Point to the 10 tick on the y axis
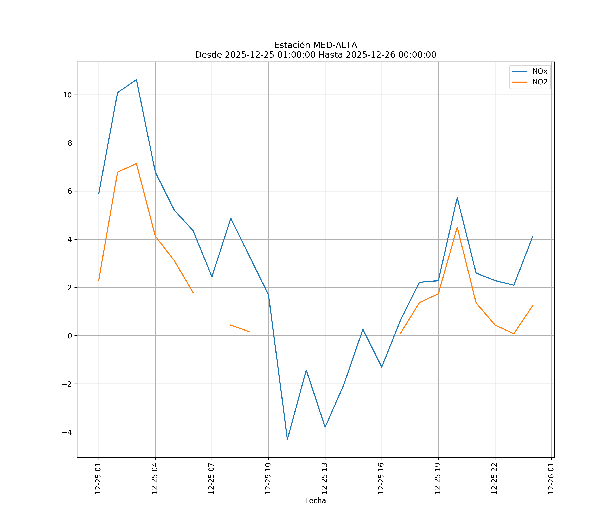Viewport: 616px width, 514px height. point(67,95)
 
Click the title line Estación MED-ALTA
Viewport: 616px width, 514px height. point(315,45)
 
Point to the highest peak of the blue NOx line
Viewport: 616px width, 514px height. point(136,80)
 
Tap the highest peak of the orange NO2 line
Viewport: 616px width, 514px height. point(136,164)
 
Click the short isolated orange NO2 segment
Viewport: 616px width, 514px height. point(240,328)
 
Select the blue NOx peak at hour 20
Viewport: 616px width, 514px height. point(457,198)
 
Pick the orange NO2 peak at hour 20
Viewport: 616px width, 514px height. point(457,227)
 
